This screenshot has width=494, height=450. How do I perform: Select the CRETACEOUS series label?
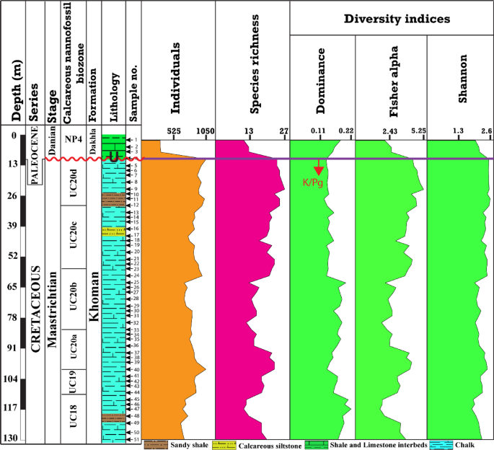click(x=35, y=310)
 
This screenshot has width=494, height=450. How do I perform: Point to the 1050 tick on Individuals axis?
click(x=205, y=131)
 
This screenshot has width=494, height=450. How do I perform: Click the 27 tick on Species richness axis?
click(x=283, y=131)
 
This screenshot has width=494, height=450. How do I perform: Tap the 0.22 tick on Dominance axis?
click(x=345, y=131)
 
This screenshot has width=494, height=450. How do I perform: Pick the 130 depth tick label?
click(x=10, y=438)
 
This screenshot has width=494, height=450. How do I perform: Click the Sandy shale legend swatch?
click(x=154, y=445)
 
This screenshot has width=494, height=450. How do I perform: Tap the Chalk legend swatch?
click(x=439, y=445)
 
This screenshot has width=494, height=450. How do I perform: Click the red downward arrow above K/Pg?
click(x=318, y=170)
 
